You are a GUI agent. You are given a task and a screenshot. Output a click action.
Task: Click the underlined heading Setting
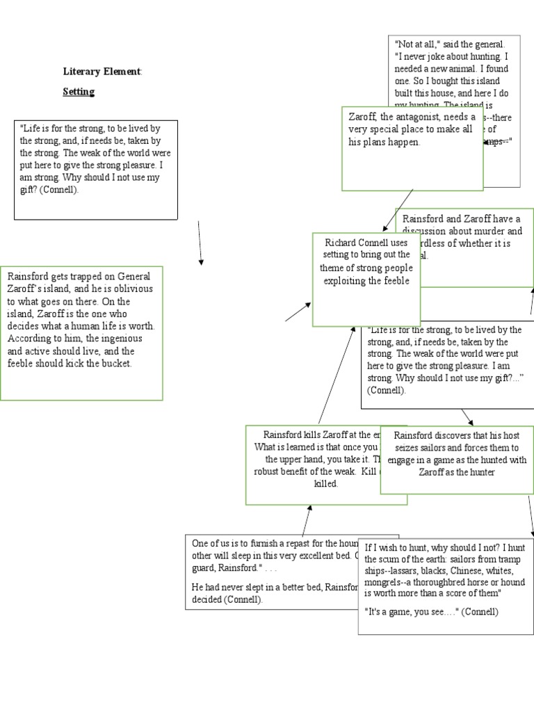click(x=79, y=92)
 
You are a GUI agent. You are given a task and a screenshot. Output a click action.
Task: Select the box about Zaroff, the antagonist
click(x=412, y=148)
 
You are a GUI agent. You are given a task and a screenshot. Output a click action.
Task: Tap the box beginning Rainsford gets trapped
click(x=81, y=333)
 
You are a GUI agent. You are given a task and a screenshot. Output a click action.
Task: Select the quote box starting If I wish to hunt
click(x=446, y=585)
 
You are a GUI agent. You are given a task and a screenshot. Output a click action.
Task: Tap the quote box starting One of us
click(x=271, y=572)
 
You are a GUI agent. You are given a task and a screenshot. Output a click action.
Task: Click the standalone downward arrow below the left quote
click(x=200, y=243)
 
